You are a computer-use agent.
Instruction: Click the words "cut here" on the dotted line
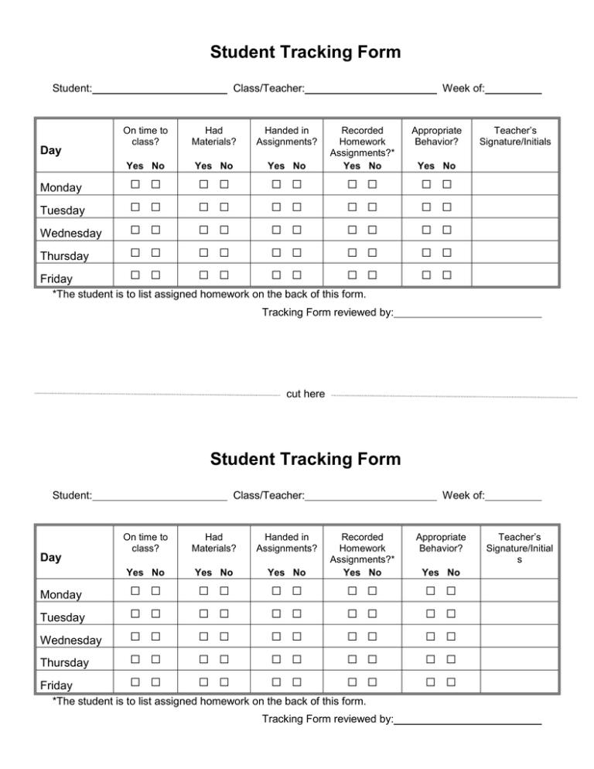click(306, 395)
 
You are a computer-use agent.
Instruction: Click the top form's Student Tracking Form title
click(306, 53)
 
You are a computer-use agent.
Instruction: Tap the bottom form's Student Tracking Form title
click(306, 459)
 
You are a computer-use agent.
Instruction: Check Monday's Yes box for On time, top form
click(135, 185)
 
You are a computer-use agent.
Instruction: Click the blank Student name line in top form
click(159, 90)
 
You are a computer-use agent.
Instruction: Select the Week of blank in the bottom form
click(514, 496)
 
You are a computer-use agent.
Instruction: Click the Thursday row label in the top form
click(65, 256)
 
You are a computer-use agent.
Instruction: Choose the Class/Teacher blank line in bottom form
click(371, 496)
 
